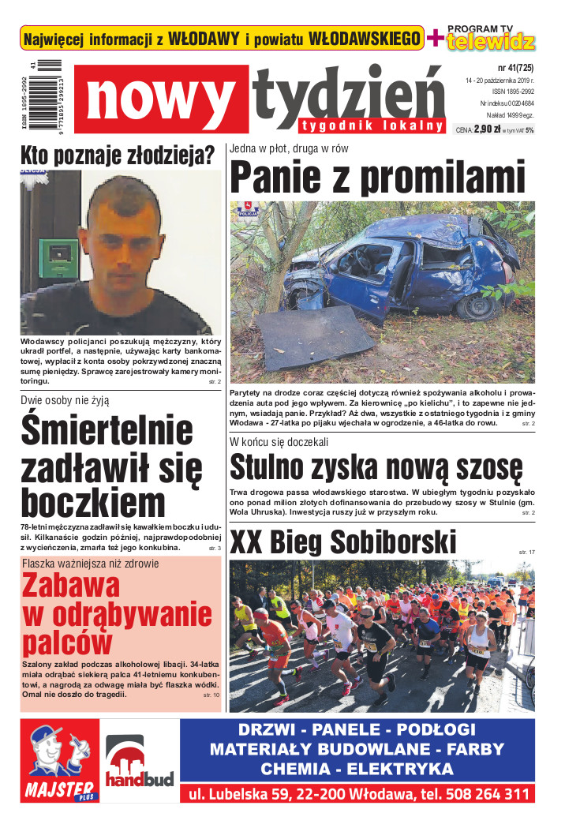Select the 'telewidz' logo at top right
(491, 42)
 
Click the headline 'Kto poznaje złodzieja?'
(118, 155)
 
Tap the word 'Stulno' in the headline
(272, 468)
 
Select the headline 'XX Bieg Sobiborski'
(343, 542)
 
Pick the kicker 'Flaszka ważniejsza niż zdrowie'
(91, 564)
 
